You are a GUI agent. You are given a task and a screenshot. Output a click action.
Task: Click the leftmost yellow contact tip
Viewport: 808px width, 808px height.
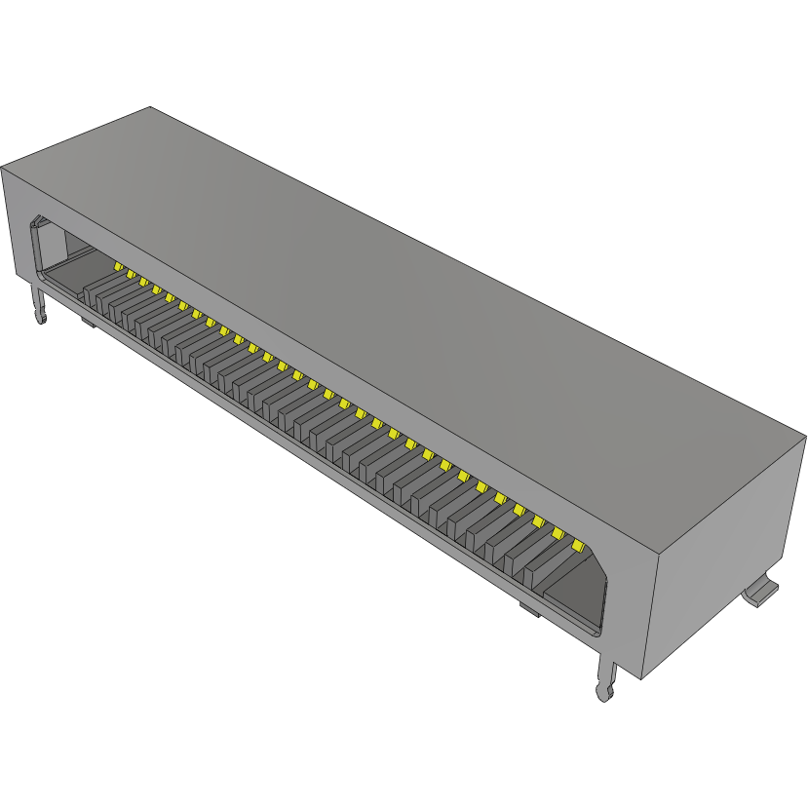117,265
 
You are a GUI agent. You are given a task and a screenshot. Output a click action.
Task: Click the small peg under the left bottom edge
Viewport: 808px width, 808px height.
88,320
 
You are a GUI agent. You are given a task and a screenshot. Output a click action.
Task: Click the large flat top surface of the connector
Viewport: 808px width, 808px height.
409,292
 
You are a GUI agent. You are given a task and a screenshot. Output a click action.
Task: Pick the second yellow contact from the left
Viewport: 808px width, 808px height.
130,274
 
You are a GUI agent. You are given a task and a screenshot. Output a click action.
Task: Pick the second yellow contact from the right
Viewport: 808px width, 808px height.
558,533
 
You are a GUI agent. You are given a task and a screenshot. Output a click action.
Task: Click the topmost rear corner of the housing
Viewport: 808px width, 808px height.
150,106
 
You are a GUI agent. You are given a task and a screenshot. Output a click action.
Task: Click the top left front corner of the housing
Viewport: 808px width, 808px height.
2,168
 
